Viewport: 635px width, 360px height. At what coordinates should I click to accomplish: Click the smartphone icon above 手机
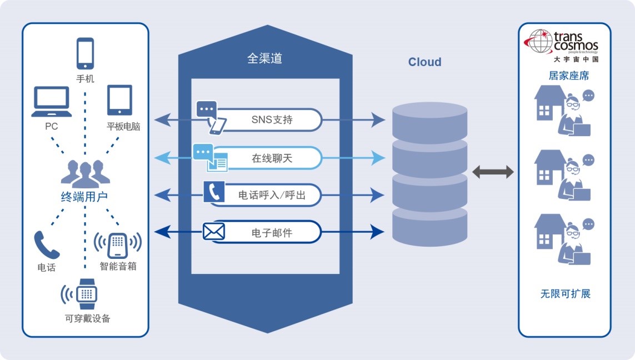[x=85, y=53]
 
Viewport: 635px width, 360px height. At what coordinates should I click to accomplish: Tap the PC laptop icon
[x=51, y=101]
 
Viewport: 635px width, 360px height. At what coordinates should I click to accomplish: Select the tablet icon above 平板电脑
[x=119, y=101]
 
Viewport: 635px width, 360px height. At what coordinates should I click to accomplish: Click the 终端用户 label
[x=84, y=196]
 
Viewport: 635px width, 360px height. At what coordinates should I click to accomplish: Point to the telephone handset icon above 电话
[x=46, y=245]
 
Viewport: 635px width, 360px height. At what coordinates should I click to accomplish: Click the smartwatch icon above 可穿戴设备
[x=86, y=294]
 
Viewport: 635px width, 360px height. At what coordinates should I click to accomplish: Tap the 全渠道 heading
[x=264, y=58]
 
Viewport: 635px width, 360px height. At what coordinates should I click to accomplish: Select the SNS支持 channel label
[x=272, y=119]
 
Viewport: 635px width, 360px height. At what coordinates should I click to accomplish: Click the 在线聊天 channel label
[x=272, y=158]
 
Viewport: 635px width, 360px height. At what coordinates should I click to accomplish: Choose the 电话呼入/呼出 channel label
[x=272, y=195]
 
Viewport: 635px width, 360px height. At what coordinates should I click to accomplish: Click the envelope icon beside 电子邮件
[x=213, y=232]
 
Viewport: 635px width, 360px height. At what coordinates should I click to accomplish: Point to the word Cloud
[x=424, y=62]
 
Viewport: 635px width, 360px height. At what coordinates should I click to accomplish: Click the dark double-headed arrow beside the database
[x=493, y=172]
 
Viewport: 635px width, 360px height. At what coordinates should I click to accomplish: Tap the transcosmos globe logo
[x=539, y=41]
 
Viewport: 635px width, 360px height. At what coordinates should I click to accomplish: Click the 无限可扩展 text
[x=565, y=294]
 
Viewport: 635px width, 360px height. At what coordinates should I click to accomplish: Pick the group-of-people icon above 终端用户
[x=85, y=173]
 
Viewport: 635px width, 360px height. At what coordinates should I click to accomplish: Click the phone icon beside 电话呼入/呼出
[x=213, y=192]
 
